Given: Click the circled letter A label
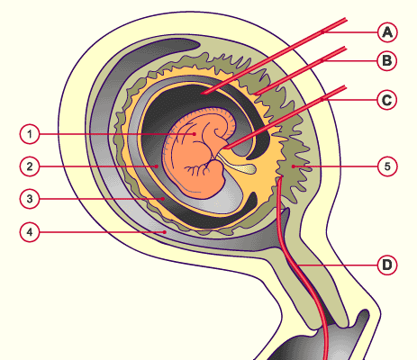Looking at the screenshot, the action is coord(387,32).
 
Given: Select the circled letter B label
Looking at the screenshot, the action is coord(387,61).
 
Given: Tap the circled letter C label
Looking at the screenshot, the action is coord(386,100).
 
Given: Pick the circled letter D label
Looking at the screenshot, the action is coord(387,265).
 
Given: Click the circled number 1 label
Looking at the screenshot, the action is coord(30,134).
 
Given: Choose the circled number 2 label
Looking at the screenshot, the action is coord(30,166).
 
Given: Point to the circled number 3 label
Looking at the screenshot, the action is coord(30,199).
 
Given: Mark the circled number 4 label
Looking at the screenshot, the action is coord(30,232).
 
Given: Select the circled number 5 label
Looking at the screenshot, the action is coord(387,166).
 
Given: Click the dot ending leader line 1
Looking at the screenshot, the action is coord(195,134).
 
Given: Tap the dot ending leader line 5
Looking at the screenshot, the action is coord(293,166).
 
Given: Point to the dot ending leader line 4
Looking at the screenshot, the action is coord(165,232).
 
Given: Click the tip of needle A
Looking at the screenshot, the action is coord(202,94).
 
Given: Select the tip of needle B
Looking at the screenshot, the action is coord(254,94).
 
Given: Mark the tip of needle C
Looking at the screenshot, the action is coord(224,148).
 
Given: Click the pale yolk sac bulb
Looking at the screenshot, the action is coord(248,169).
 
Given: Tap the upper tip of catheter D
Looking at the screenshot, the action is coord(281,177).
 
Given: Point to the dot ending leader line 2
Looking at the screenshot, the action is coord(157,166).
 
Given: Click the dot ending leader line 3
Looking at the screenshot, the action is coord(163,199).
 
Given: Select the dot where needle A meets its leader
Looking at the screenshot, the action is coord(322,32).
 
